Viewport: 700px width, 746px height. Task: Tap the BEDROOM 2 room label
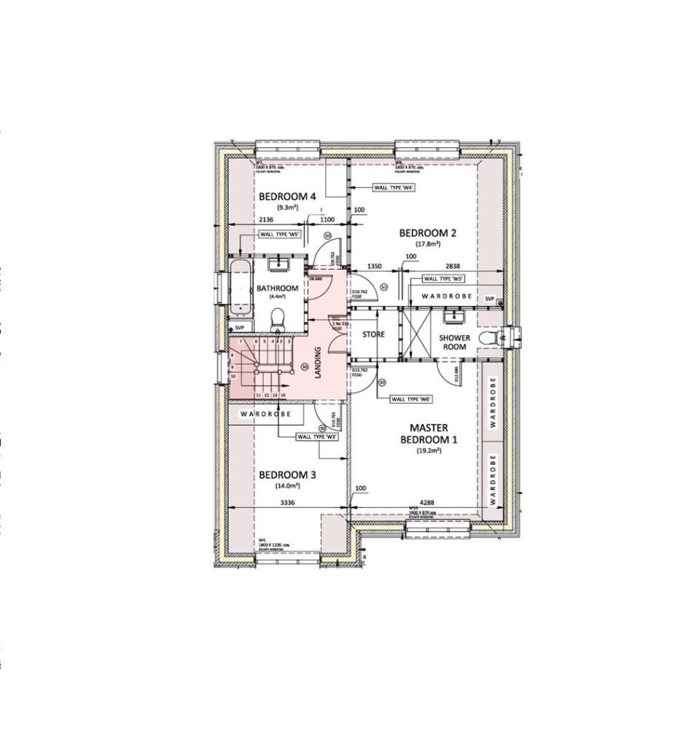(x=427, y=233)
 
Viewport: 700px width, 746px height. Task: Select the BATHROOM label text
(x=277, y=288)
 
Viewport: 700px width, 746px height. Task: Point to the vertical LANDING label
(x=318, y=362)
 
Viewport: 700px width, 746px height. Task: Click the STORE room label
(x=373, y=335)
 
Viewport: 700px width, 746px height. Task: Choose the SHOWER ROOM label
(x=454, y=342)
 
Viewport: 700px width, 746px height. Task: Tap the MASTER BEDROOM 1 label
(x=428, y=434)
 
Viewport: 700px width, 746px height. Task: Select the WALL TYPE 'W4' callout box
(x=394, y=187)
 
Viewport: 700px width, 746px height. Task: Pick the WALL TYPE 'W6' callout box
(x=412, y=399)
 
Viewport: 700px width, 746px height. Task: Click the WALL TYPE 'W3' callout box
(x=316, y=437)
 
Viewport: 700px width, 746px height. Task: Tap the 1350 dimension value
(x=375, y=267)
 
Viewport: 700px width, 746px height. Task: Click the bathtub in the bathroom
(x=241, y=288)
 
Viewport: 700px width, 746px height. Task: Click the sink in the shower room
(x=458, y=316)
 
